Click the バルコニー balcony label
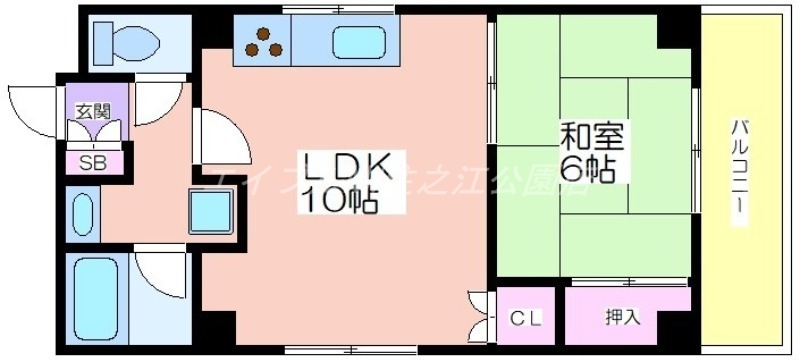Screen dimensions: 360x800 point(741,171)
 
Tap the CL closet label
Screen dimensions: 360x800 point(526,319)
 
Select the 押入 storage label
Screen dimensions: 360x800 point(621,319)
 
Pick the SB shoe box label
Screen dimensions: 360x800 point(94,161)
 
